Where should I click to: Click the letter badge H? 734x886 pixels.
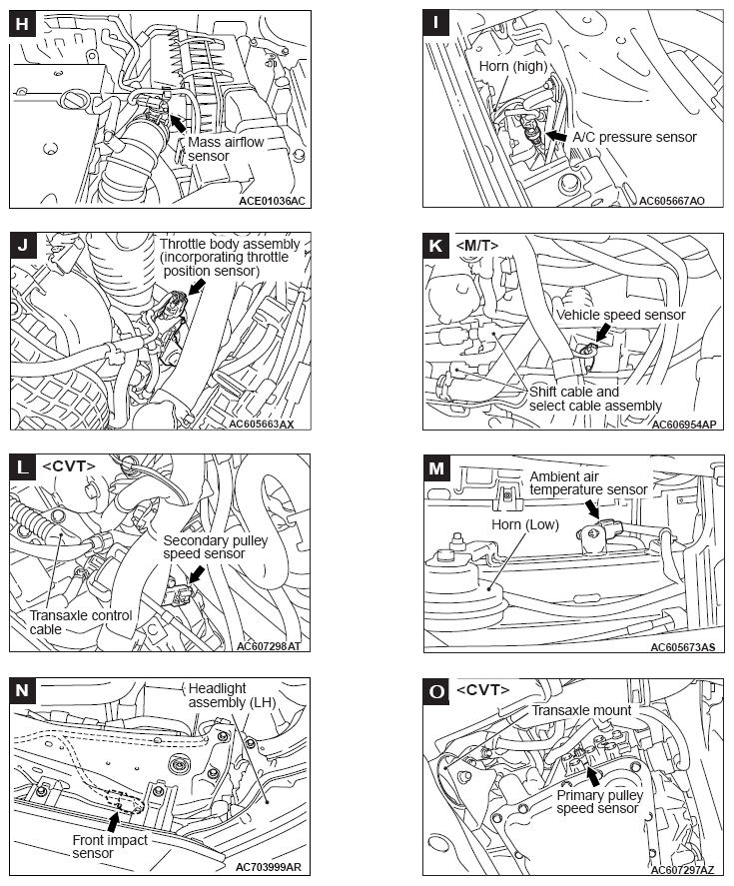(22, 24)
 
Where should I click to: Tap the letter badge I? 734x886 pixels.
(436, 24)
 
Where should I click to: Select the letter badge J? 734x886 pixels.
(22, 246)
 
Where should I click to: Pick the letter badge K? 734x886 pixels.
(436, 246)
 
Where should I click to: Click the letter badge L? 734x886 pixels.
(22, 467)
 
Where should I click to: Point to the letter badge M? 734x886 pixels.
(436, 467)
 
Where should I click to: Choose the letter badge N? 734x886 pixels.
(22, 689)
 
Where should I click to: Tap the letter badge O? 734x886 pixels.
(436, 689)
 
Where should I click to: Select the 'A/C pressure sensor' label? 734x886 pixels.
(635, 137)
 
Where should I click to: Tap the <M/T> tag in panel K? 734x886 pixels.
(476, 246)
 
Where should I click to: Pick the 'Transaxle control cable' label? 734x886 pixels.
(81, 622)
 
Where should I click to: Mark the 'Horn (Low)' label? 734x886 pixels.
(524, 524)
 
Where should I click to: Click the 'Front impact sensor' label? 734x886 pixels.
(110, 847)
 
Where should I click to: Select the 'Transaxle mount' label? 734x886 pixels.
(581, 710)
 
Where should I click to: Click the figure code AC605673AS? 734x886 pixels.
(682, 647)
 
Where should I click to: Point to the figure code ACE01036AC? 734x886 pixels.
(272, 201)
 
